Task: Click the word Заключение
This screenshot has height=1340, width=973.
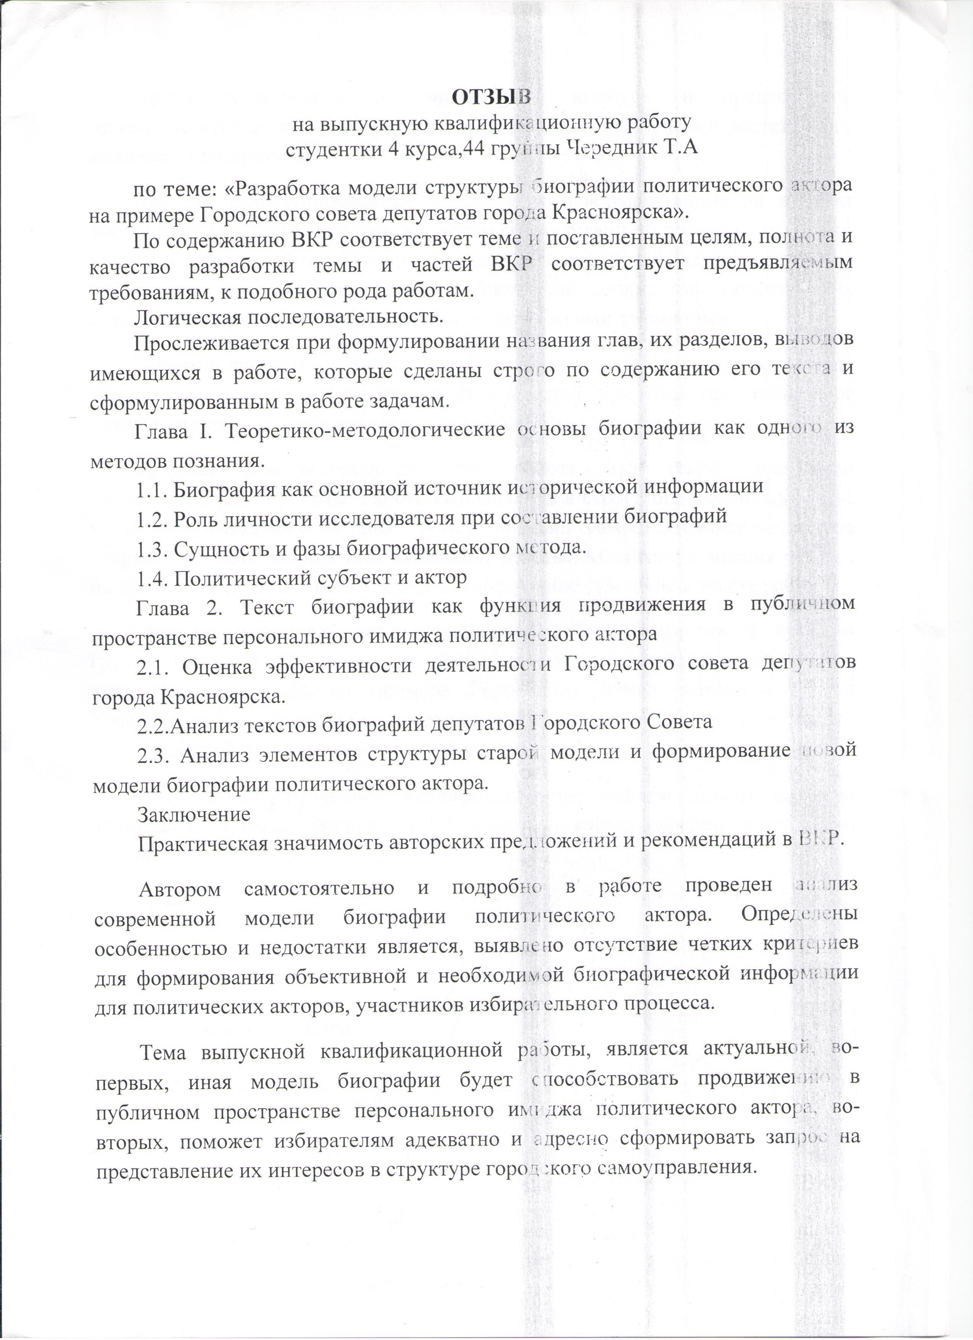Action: coord(194,814)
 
